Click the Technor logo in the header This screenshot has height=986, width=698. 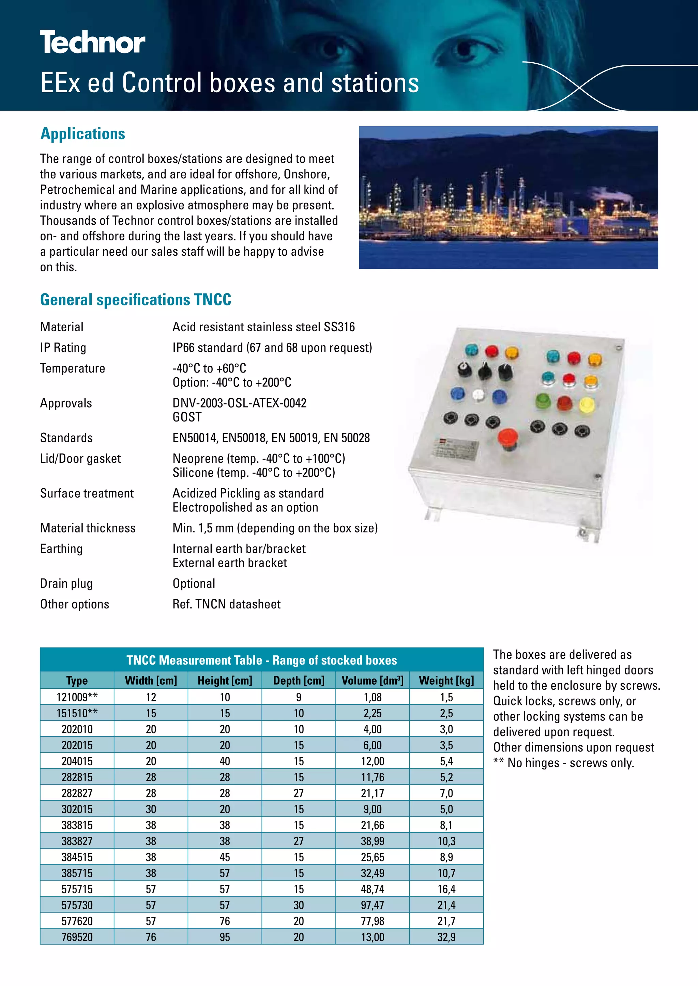[x=92, y=43]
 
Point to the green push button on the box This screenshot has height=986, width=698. [x=543, y=401]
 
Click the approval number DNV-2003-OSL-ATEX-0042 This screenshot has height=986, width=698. [x=239, y=403]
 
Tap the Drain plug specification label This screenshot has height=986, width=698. [x=66, y=583]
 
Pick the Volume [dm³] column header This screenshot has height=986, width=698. [x=372, y=680]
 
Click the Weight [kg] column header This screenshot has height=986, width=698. [x=446, y=680]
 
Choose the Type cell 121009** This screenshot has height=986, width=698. [x=77, y=697]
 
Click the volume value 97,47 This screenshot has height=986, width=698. [x=372, y=905]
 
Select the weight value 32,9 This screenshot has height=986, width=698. [x=446, y=937]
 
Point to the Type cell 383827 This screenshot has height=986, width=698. [x=77, y=841]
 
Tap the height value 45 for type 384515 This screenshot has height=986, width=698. [x=225, y=857]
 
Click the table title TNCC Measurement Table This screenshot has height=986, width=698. [x=261, y=660]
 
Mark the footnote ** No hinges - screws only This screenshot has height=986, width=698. [x=563, y=763]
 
